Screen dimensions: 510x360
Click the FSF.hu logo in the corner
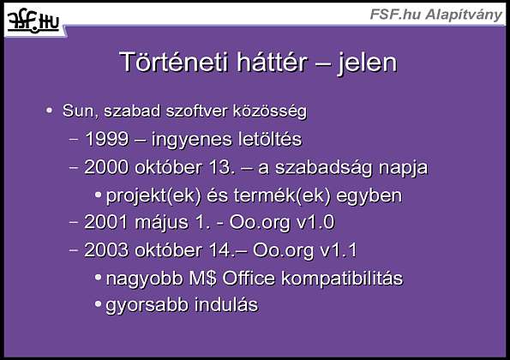click(x=33, y=21)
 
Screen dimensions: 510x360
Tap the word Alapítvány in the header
click(x=464, y=15)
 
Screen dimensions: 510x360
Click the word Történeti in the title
click(x=174, y=62)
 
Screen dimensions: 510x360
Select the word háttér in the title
click(x=272, y=62)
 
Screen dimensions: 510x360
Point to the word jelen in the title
click(x=368, y=63)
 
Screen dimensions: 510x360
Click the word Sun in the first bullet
click(x=78, y=111)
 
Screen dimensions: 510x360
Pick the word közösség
click(x=270, y=111)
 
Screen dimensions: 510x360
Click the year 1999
click(x=106, y=139)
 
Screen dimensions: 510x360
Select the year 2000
click(x=106, y=167)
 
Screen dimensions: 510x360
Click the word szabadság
click(x=324, y=168)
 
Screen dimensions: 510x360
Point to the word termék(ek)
click(x=282, y=195)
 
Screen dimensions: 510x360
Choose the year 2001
click(x=106, y=223)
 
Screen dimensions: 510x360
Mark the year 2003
click(x=106, y=250)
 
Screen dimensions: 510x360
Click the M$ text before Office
click(x=202, y=279)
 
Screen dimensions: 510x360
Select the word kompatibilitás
click(x=342, y=279)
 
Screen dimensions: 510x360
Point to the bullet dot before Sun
click(x=49, y=111)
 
